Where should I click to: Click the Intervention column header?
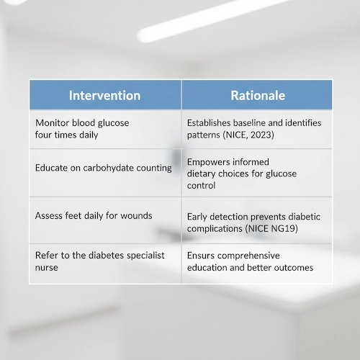coord(104,96)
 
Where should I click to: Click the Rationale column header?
coord(257,96)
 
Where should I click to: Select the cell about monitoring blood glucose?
coord(105,129)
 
